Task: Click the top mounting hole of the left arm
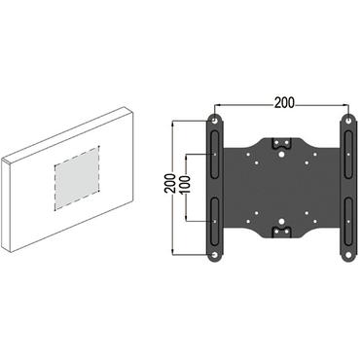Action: pos(214,122)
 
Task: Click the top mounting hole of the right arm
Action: pos(345,122)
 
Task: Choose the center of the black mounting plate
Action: pos(280,188)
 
